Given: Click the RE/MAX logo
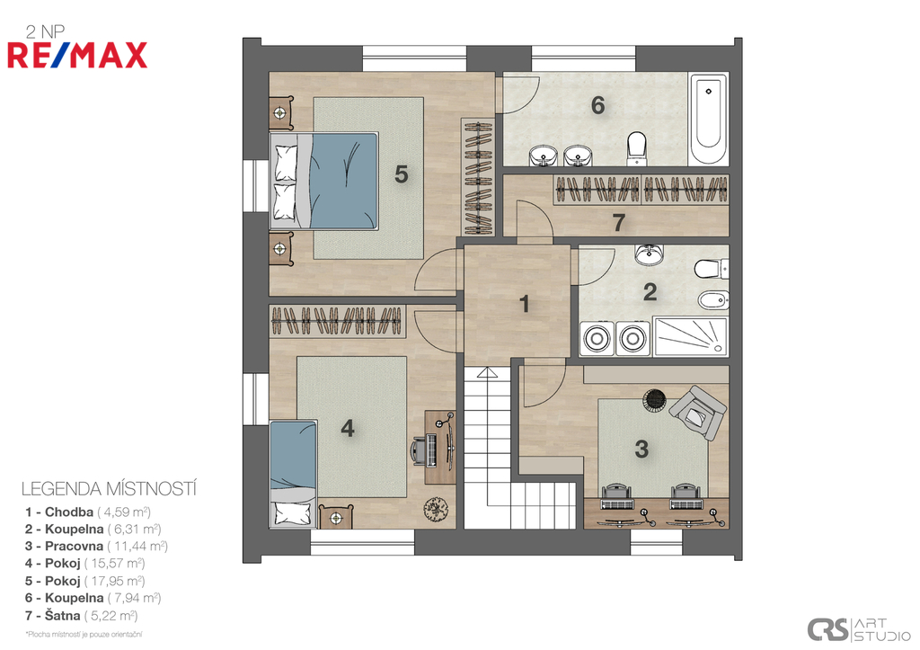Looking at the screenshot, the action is pos(77,55).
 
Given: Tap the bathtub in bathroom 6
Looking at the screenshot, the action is pos(709,119).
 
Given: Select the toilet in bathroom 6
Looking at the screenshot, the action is pos(637,147).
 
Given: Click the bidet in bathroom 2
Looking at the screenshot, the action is pos(712,300).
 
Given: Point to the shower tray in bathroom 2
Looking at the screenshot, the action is pos(691,337).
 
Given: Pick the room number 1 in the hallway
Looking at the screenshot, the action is pos(525,304).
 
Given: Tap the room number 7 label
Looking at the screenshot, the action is pos(618,223).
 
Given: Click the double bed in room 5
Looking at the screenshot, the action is pos(323,181).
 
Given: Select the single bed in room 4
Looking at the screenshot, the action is pos(294,473).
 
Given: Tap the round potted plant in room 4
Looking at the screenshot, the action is pos(436,509).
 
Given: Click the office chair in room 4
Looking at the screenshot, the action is pos(421,450).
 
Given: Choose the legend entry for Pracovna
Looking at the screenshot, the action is pos(96,546).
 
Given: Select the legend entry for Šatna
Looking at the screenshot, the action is pos(82,615).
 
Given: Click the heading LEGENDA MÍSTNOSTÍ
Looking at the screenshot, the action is pos(109,488).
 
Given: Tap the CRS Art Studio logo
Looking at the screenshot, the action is pos(858,629).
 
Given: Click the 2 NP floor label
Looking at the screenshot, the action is pos(45,31).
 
